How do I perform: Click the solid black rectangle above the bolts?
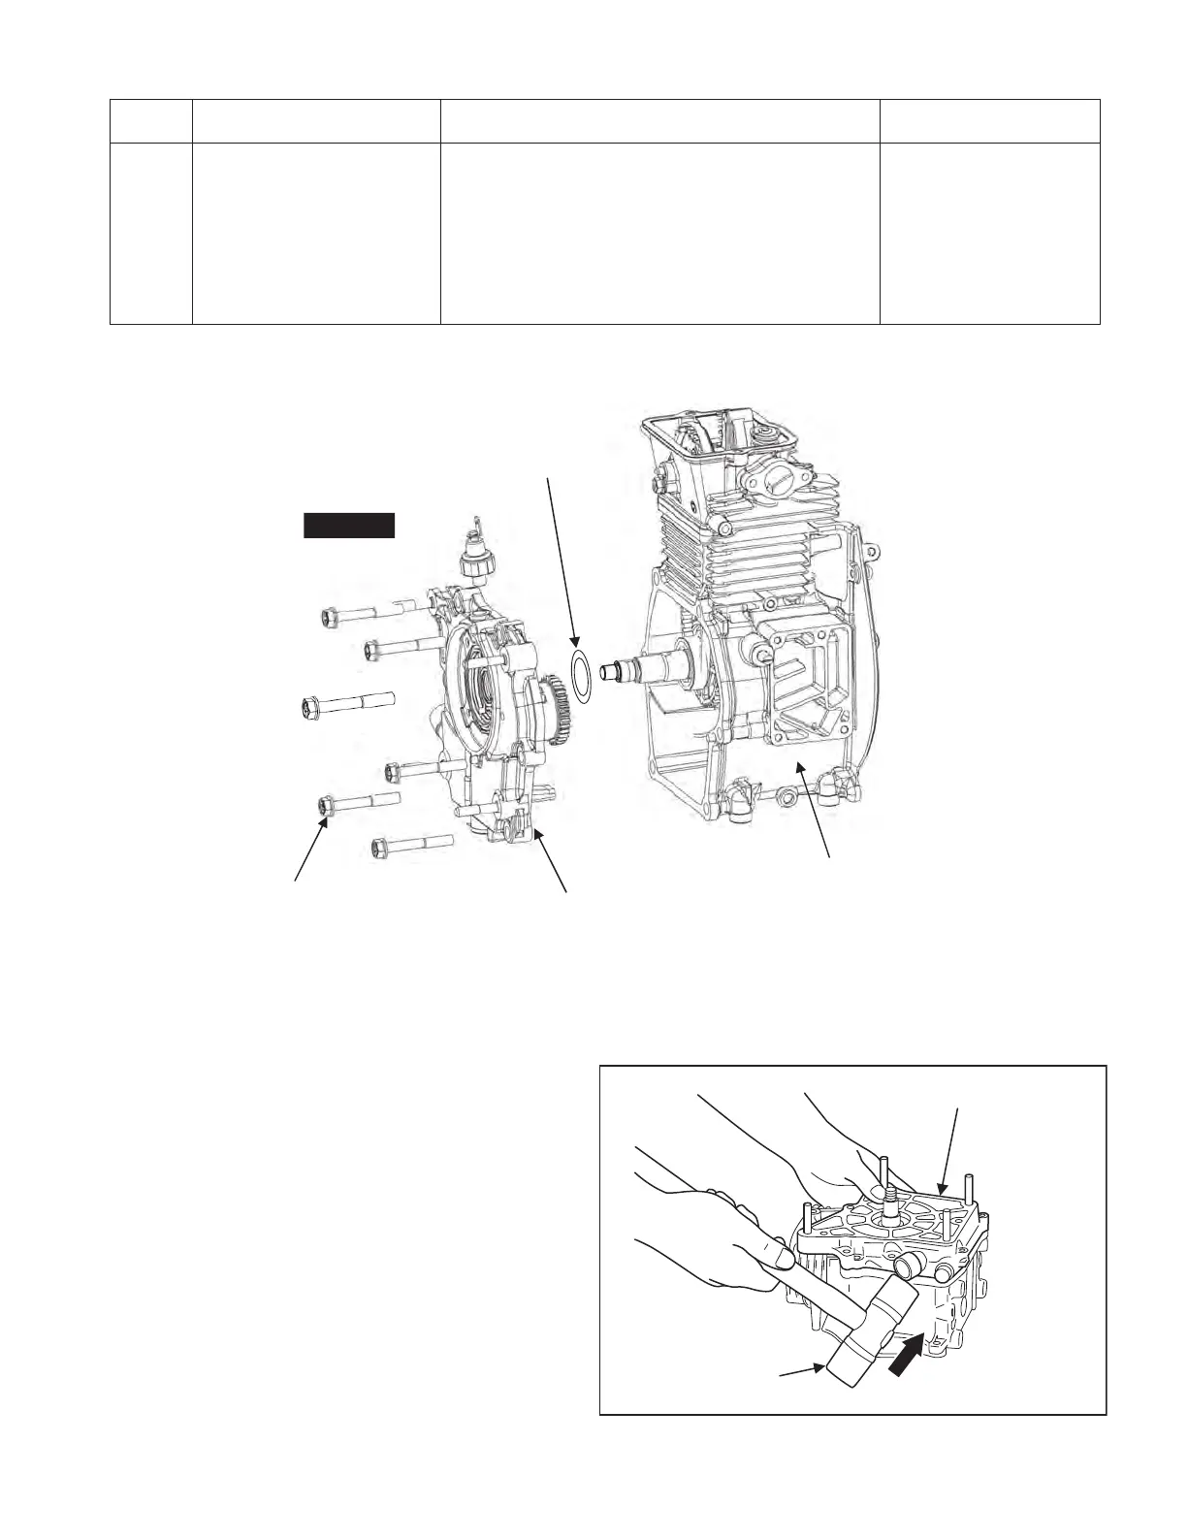[x=349, y=525]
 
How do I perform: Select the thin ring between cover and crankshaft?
[x=580, y=675]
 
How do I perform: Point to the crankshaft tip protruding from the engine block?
[x=614, y=671]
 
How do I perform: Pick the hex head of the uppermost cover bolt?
[x=329, y=614]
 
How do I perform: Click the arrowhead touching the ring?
[x=575, y=643]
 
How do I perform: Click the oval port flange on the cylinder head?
[x=762, y=480]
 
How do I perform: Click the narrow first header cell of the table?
[x=150, y=121]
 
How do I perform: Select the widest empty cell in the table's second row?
[x=659, y=233]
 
